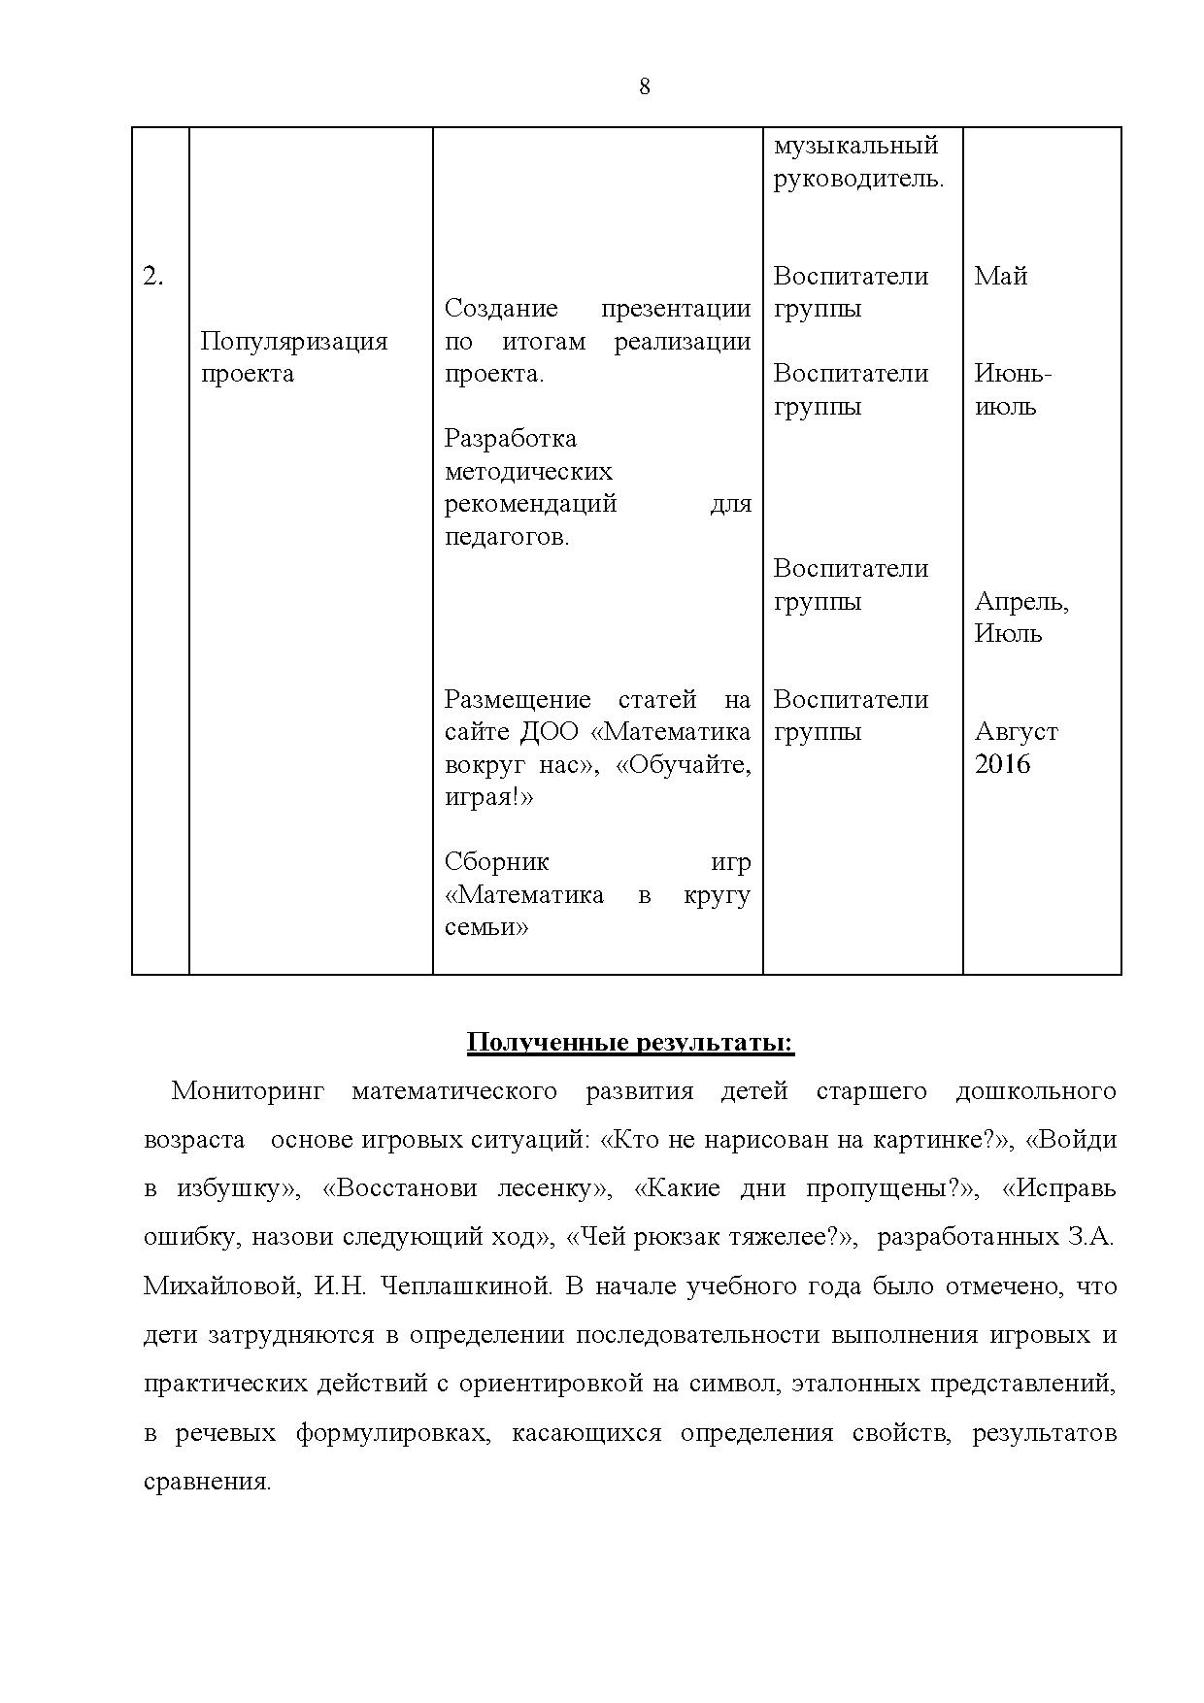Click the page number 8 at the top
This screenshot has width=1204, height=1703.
point(645,87)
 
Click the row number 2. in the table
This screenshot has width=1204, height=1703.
point(153,277)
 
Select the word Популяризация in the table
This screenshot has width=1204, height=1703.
point(293,342)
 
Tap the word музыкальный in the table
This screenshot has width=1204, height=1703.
point(855,146)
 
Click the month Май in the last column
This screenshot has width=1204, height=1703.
point(1000,277)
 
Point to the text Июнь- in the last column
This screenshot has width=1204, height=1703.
point(1013,374)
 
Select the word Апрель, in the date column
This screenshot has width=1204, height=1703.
point(1020,602)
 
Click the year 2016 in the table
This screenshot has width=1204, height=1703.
point(1002,765)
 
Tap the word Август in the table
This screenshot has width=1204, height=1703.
point(1016,732)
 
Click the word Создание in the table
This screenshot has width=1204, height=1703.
point(500,309)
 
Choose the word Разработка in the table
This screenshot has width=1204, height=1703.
point(510,439)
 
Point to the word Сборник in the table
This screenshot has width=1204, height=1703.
point(496,862)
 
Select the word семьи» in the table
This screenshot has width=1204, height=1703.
point(485,927)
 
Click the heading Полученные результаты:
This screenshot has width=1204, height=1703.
point(630,1043)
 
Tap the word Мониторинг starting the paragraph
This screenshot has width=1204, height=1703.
point(247,1091)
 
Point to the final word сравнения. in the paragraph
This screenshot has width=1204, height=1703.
point(207,1483)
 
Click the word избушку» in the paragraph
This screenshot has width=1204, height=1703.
point(235,1189)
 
